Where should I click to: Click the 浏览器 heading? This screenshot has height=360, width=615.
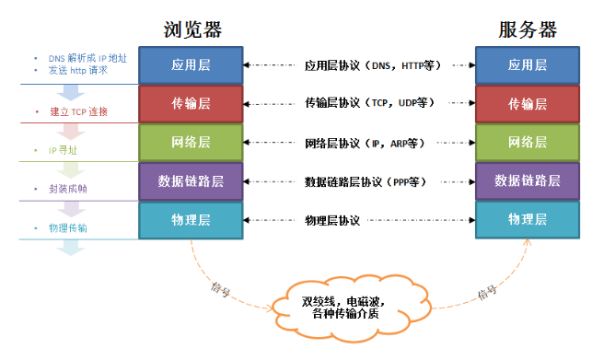point(191,29)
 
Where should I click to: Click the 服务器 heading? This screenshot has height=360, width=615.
point(528,29)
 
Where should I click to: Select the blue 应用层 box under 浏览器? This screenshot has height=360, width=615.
point(191,65)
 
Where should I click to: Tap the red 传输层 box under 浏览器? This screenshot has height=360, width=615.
point(191,103)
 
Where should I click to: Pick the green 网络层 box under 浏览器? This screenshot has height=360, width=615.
point(191,142)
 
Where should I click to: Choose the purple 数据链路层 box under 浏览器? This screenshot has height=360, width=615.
point(191,180)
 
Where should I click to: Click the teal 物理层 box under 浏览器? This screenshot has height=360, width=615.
point(191,219)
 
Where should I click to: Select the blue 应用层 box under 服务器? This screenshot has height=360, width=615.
point(528,65)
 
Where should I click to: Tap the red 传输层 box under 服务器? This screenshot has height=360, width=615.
point(528,103)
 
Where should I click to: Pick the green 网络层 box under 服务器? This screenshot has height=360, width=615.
point(528,142)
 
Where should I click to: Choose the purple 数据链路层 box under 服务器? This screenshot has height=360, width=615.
point(528,180)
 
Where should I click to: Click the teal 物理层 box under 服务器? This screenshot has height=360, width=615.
point(528,219)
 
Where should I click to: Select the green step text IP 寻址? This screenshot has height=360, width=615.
point(64,149)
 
